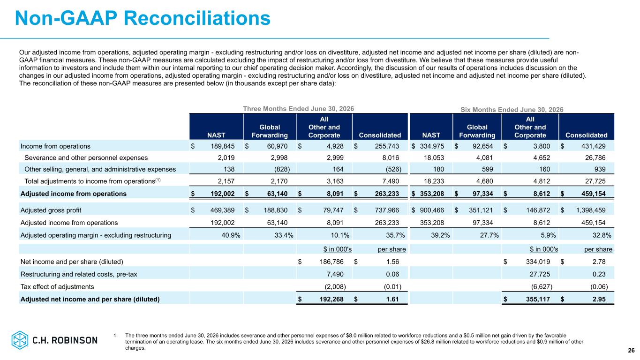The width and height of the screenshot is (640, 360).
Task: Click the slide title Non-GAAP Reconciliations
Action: (143, 18)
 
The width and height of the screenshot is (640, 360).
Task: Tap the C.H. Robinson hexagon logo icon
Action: (20, 340)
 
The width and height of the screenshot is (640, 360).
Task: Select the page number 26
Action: (631, 350)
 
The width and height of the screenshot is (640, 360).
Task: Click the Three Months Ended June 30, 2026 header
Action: (298, 109)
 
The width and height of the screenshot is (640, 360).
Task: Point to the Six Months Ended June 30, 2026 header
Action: (512, 109)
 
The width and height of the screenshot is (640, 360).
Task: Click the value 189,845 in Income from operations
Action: (223, 146)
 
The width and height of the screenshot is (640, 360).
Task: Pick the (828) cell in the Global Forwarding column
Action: (282, 169)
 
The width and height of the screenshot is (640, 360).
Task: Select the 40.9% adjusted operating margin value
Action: (231, 235)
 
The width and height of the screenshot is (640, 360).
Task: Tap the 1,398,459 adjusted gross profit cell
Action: (591, 210)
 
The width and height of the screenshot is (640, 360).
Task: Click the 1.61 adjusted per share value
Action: (392, 299)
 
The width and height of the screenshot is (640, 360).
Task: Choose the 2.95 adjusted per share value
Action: (599, 299)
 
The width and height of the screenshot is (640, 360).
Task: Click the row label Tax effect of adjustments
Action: (57, 286)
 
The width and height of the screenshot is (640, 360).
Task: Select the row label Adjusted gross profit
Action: (51, 210)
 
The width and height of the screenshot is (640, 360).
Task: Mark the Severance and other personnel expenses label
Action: (86, 157)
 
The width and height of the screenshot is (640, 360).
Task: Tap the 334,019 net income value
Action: (538, 262)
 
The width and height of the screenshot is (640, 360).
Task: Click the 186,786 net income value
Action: (331, 262)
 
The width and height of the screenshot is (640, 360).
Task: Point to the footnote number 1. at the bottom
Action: (115, 336)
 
